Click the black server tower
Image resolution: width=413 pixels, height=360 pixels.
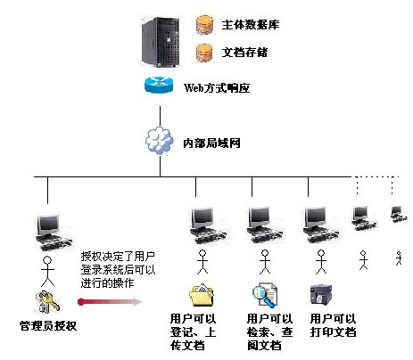click(161, 42)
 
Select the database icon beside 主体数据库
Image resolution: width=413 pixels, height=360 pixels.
click(204, 24)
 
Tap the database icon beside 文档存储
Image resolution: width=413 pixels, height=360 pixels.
click(204, 53)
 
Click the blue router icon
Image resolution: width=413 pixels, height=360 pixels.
click(159, 85)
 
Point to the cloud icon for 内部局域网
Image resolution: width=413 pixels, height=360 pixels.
click(160, 141)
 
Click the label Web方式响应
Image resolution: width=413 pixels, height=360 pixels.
click(217, 88)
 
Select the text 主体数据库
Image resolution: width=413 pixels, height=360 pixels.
click(251, 25)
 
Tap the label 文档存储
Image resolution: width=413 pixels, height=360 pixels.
click(244, 53)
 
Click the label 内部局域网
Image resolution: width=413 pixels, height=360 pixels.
click(211, 143)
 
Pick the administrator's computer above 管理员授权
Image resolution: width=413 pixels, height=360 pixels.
click(54, 233)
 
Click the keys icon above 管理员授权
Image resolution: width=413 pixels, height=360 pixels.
click(47, 302)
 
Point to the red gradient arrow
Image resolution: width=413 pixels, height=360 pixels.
click(110, 302)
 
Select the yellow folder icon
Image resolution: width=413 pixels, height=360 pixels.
click(202, 295)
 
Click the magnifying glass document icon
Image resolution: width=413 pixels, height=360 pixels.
click(265, 295)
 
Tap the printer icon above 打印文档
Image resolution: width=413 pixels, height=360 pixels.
click(321, 295)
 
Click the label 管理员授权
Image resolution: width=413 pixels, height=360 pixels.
click(48, 326)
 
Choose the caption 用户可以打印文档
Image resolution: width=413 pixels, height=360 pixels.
click(333, 325)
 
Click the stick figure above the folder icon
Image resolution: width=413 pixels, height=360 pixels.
click(202, 262)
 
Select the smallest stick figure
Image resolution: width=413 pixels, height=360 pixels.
click(399, 258)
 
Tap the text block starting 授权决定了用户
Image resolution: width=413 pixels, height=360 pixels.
click(118, 270)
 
